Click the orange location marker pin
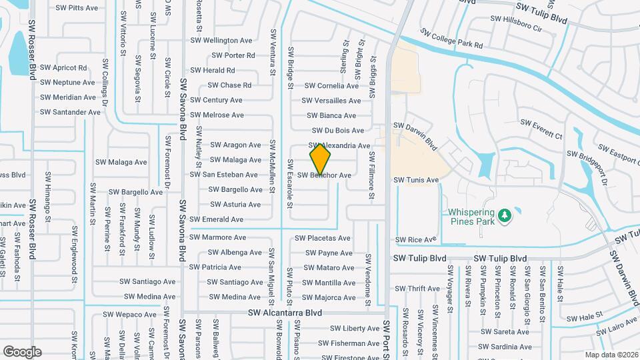(320, 159)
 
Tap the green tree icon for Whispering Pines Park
(505, 215)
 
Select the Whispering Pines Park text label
(472, 215)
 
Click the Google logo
(22, 351)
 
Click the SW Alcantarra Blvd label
(285, 313)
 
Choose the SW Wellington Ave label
(223, 41)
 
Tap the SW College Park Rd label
(451, 39)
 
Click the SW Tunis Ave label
(416, 180)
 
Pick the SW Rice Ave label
(415, 239)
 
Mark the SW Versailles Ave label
(331, 101)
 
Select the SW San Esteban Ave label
(223, 175)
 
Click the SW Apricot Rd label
(63, 67)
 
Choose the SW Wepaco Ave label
(127, 315)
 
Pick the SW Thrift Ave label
(417, 289)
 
